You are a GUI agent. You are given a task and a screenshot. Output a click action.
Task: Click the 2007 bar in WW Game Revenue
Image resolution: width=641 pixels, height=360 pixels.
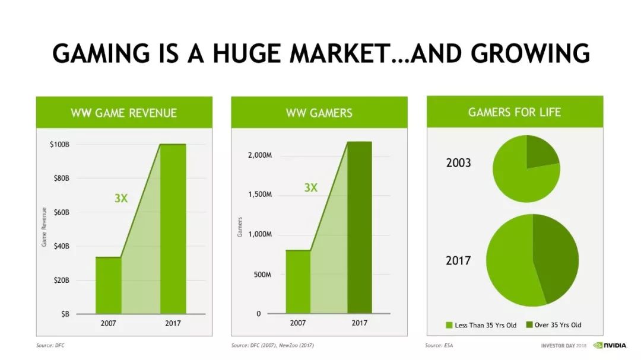(109, 285)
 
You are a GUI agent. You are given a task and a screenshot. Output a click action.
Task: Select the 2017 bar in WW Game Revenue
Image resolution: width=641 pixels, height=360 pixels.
(173, 229)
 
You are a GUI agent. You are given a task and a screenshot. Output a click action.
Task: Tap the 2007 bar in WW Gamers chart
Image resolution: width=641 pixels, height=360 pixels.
(298, 282)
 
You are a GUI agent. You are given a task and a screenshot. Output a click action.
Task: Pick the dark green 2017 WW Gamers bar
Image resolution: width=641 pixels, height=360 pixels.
(360, 228)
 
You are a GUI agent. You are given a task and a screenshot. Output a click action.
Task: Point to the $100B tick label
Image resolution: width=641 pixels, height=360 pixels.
(60, 144)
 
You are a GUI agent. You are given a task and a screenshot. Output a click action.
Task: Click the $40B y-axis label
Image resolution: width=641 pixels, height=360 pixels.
(61, 246)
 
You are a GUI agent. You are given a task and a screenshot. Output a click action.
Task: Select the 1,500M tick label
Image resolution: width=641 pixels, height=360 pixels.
(259, 195)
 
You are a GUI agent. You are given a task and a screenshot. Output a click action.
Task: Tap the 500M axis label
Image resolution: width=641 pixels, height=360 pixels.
(262, 275)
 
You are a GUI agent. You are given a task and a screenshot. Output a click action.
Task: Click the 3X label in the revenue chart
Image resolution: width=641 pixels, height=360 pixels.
(121, 198)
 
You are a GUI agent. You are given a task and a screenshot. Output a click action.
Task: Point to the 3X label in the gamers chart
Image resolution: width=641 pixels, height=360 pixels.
(310, 187)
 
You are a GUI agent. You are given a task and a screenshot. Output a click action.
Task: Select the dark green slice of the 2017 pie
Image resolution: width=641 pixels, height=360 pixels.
(555, 258)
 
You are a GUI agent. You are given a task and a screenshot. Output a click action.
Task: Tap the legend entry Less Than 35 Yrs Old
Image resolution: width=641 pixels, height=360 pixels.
(481, 325)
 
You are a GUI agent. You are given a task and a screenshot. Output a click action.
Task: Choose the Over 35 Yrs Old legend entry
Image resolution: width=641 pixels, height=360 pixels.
(554, 325)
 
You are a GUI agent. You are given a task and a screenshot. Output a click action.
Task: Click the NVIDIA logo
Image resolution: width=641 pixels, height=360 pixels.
(610, 345)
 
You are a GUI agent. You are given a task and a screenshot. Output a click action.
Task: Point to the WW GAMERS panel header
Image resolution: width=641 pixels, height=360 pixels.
(319, 112)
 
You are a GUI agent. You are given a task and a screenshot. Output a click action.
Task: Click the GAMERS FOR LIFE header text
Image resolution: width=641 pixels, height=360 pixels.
(515, 112)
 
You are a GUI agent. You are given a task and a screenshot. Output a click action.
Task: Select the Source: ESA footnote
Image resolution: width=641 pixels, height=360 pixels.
(439, 345)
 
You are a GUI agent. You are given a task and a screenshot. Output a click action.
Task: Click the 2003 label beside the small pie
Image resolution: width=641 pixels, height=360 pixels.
(459, 163)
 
